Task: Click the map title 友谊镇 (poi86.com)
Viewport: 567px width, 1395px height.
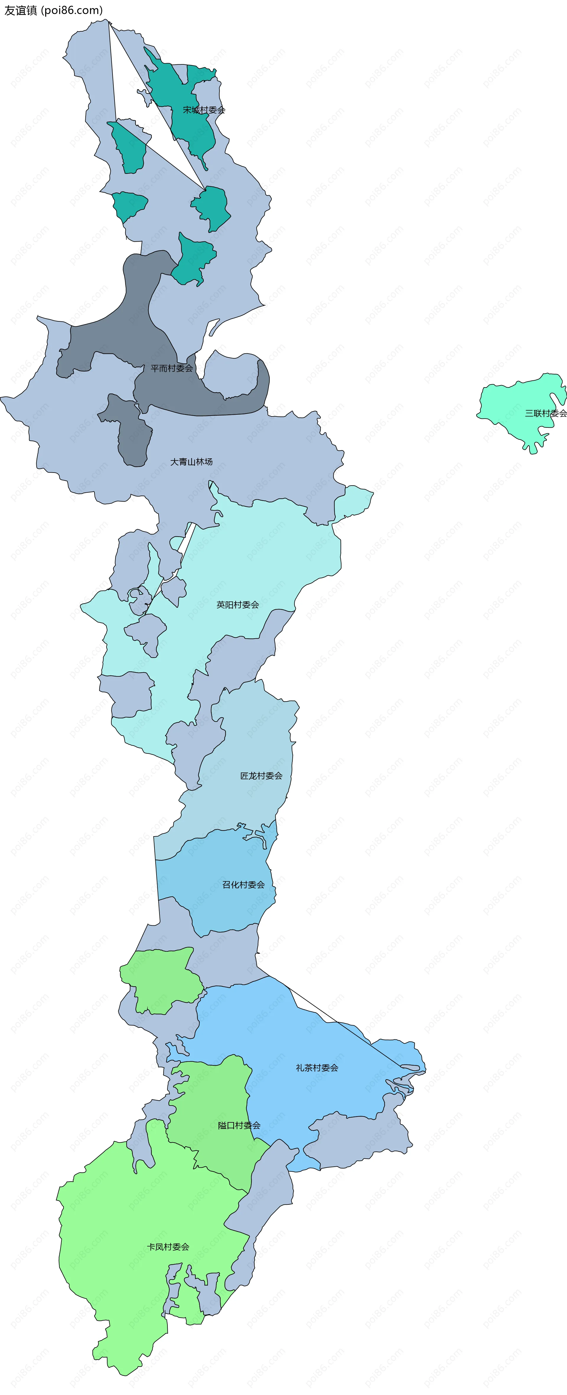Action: point(54,10)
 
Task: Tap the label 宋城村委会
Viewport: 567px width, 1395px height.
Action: point(204,110)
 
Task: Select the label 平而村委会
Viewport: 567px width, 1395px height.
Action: point(172,368)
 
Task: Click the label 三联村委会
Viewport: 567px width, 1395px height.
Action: point(545,413)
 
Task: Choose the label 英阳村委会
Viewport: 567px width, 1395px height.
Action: point(238,604)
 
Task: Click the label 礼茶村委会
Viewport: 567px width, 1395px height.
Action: point(317,1067)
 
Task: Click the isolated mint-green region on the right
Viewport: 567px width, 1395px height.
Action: point(514,406)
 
